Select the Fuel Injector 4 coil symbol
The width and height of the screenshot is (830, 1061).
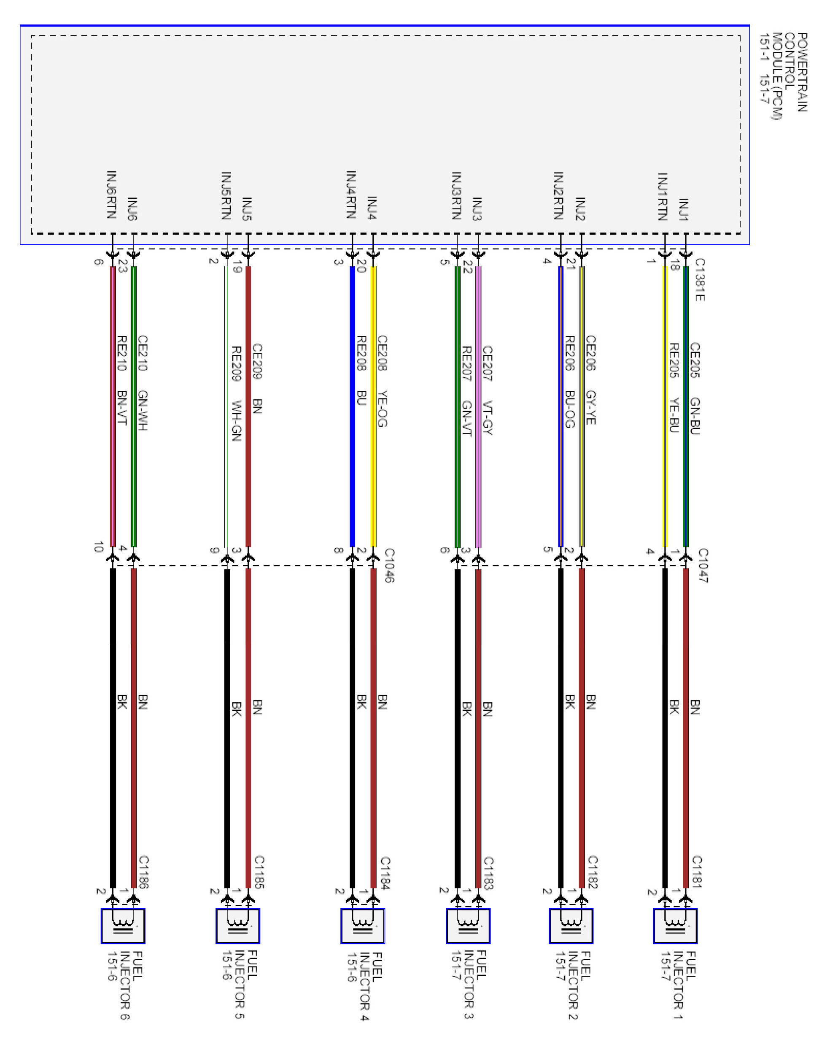(x=363, y=926)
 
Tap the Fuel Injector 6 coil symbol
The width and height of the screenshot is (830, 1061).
(x=123, y=926)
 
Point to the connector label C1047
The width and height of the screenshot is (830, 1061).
(x=703, y=565)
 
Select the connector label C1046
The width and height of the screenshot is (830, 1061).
(x=389, y=565)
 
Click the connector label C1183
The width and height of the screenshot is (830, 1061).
(x=488, y=873)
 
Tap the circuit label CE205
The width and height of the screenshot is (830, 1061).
(x=695, y=360)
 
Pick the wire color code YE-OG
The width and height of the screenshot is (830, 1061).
(x=383, y=409)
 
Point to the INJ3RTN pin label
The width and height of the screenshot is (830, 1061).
(x=457, y=195)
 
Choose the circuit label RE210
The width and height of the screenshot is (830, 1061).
(x=122, y=353)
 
